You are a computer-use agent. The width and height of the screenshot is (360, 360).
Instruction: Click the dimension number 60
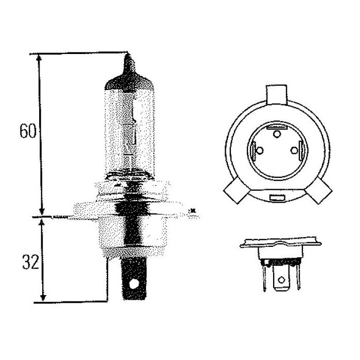28,131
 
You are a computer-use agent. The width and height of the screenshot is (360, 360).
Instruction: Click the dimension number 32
30,262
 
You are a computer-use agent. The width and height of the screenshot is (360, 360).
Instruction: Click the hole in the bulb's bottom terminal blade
134,284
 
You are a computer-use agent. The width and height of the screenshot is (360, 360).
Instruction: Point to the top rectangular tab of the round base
277,95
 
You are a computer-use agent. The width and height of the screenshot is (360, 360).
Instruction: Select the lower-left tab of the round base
237,191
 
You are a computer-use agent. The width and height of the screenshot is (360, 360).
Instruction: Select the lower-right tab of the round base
319,191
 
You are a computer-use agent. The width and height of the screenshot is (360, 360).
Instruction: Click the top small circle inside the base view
277,134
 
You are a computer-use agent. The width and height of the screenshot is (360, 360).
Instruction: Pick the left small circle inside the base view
260,151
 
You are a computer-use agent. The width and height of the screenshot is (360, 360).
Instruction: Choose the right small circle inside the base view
294,151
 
